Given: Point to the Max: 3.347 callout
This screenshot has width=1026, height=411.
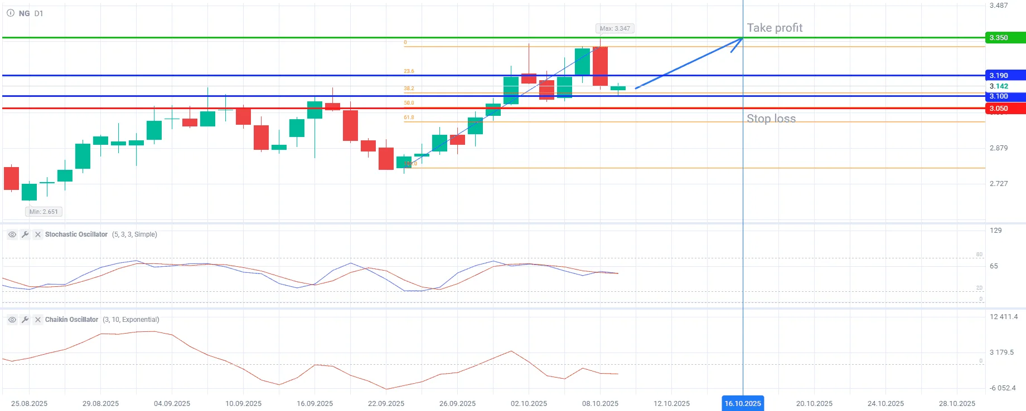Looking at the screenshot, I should (x=614, y=28).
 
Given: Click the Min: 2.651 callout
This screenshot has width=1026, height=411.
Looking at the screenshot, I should (x=43, y=212).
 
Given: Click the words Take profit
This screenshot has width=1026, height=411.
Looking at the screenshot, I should (x=775, y=28).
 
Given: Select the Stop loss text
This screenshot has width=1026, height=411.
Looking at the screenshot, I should (x=771, y=119).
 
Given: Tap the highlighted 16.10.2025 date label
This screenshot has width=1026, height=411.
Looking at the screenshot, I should (x=743, y=403).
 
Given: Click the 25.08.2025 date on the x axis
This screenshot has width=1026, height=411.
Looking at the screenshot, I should (x=29, y=403).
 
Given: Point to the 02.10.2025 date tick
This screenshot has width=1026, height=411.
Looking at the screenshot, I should (x=529, y=403).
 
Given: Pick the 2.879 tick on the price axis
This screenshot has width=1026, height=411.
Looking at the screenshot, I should (x=999, y=148).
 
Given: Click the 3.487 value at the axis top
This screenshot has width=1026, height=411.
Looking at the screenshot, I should (x=999, y=6).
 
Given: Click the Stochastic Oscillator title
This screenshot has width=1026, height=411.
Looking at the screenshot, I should (x=76, y=234).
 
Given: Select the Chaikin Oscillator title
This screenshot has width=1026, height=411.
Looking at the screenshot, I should (x=71, y=320).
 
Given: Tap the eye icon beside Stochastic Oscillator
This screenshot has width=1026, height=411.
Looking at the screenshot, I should (x=12, y=234).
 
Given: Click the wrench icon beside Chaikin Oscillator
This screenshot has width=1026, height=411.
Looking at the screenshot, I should (x=25, y=320).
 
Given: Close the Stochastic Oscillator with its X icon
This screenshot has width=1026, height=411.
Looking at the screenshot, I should (x=38, y=234).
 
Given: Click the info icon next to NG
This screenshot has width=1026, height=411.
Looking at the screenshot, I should (x=10, y=13).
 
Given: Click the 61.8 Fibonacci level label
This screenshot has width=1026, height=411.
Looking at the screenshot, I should (x=409, y=118).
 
